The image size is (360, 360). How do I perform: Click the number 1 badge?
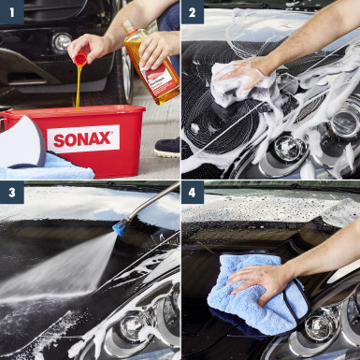point(11,11)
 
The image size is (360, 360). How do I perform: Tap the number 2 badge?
point(194,11)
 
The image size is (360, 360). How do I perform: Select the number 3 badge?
point(11,194)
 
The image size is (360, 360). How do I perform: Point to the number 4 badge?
point(194,194)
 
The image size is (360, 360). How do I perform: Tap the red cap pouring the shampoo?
point(80,58)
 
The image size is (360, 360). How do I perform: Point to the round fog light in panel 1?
point(62,42)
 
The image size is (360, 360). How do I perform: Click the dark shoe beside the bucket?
point(167,146)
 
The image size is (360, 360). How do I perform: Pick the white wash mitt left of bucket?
point(21,141)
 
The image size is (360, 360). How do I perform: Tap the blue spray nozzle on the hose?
point(121,226)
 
